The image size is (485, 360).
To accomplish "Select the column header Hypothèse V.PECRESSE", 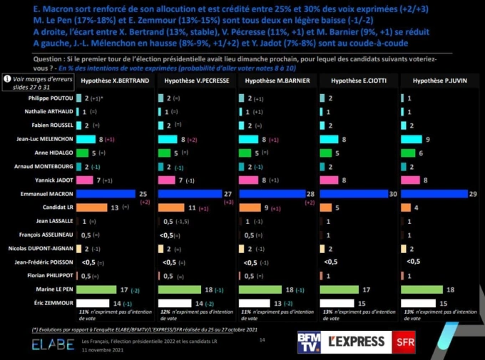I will tap(195, 81).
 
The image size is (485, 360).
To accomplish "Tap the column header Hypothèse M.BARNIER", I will tap(277, 81).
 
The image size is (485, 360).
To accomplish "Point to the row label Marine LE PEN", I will tap(55, 290).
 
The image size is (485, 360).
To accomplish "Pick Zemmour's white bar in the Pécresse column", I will tap(178, 303).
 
